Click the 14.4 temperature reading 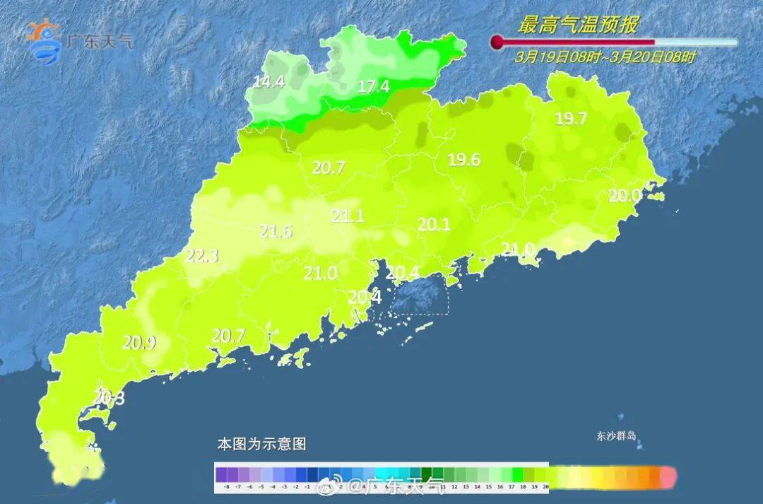pyautogui.click(x=268, y=82)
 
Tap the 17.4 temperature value pyautogui.click(x=374, y=87)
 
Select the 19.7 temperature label pyautogui.click(x=571, y=119)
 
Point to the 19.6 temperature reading pyautogui.click(x=464, y=160)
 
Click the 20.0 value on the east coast pyautogui.click(x=625, y=196)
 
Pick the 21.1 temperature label pyautogui.click(x=348, y=216)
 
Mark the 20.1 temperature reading pyautogui.click(x=434, y=224)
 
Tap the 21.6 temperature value pyautogui.click(x=276, y=231)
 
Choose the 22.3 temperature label pyautogui.click(x=202, y=256)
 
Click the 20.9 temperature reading pyautogui.click(x=138, y=343)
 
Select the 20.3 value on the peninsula pyautogui.click(x=109, y=398)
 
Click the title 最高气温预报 pyautogui.click(x=578, y=26)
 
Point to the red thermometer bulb pyautogui.click(x=497, y=42)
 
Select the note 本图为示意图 pyautogui.click(x=261, y=445)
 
